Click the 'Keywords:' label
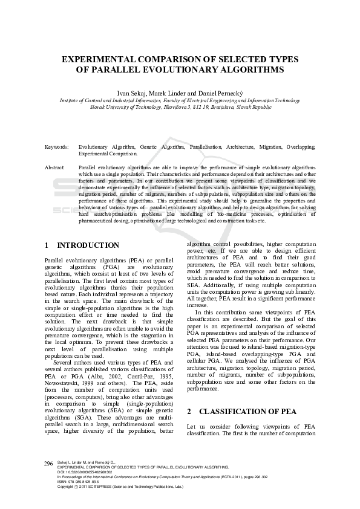(57, 147)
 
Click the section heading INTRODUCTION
(88, 245)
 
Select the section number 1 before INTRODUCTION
(47, 245)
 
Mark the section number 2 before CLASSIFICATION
(189, 411)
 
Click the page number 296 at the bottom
(48, 463)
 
